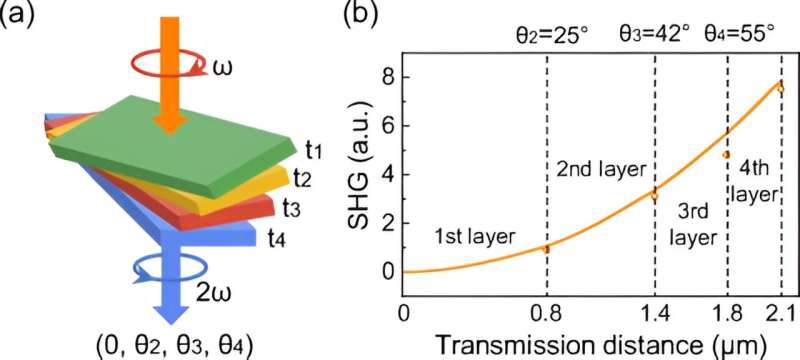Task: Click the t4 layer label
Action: (x=279, y=237)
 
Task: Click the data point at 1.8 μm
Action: (x=726, y=155)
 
